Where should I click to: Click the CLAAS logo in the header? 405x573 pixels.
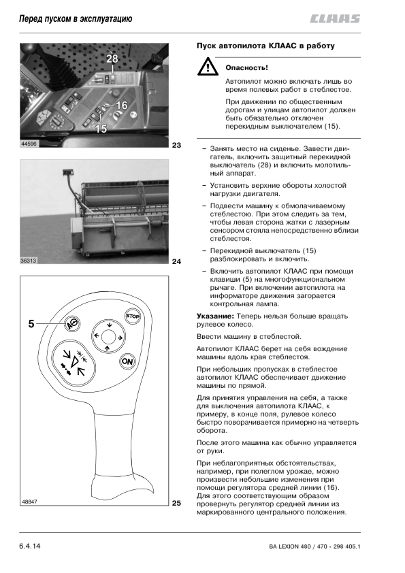coord(335,18)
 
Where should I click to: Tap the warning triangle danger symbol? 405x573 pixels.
coord(208,67)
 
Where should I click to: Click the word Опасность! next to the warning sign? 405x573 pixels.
coord(246,67)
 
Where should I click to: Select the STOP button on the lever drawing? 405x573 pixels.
coord(132,316)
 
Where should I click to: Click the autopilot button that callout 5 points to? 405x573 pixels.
coord(72,323)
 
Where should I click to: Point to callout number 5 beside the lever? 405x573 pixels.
coord(31,324)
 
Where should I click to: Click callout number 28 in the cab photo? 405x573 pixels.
coord(112,59)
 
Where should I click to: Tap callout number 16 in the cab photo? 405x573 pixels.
coord(121,105)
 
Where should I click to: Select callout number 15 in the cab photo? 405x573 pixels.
coord(101,128)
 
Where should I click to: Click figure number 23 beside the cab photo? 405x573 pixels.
coord(176,146)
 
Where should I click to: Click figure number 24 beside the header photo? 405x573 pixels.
coord(176,261)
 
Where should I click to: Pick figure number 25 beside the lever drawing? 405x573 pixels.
coord(176,503)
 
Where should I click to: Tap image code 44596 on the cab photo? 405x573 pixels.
coord(29,144)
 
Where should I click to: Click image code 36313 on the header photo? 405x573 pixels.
coord(29,261)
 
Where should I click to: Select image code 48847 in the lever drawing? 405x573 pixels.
coord(29,502)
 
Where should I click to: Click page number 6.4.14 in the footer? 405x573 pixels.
coord(30,546)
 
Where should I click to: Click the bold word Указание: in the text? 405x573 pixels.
coord(215,316)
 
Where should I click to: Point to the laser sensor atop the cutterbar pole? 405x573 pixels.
coord(68,171)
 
